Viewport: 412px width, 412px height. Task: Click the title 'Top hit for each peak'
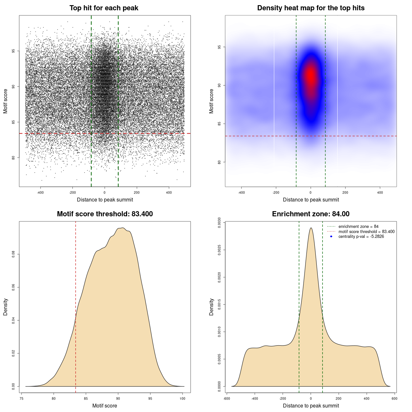tap(104, 8)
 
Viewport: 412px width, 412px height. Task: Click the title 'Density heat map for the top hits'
tap(311, 8)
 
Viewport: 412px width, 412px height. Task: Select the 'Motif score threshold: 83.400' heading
tap(105, 214)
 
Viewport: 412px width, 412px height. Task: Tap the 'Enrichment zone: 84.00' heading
tap(311, 214)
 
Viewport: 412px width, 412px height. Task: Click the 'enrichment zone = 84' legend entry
tap(358, 227)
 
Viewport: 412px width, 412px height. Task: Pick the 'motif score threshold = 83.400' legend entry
tap(366, 232)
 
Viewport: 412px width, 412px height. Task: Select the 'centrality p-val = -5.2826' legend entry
tap(361, 237)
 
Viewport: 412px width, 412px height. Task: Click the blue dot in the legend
tap(331, 237)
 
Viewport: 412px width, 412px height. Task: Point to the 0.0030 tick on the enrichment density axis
tap(220, 222)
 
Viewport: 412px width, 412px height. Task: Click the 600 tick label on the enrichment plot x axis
tap(394, 398)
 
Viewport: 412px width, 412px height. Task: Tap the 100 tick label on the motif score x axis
tap(183, 398)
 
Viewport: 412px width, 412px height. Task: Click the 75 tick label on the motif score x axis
tap(22, 398)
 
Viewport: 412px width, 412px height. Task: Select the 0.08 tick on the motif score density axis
tap(14, 254)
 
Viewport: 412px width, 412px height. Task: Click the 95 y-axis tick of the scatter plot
tap(14, 51)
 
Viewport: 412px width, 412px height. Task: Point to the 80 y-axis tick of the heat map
tap(220, 162)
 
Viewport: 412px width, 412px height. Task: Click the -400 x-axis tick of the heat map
tap(241, 192)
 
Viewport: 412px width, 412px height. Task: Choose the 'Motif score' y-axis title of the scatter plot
tap(5, 101)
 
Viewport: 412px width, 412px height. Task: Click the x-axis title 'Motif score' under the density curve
tap(105, 406)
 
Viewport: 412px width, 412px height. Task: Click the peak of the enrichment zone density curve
tap(311, 228)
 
